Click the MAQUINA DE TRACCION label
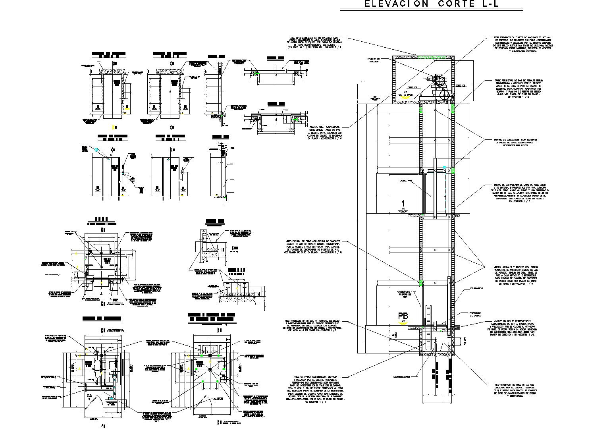tap(374, 60)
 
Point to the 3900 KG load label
tap(413, 87)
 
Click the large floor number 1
tap(403, 203)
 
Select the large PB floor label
tap(403, 316)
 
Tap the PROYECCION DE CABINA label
tap(475, 314)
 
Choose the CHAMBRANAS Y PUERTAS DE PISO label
tap(405, 294)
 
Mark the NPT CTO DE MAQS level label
tap(405, 94)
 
